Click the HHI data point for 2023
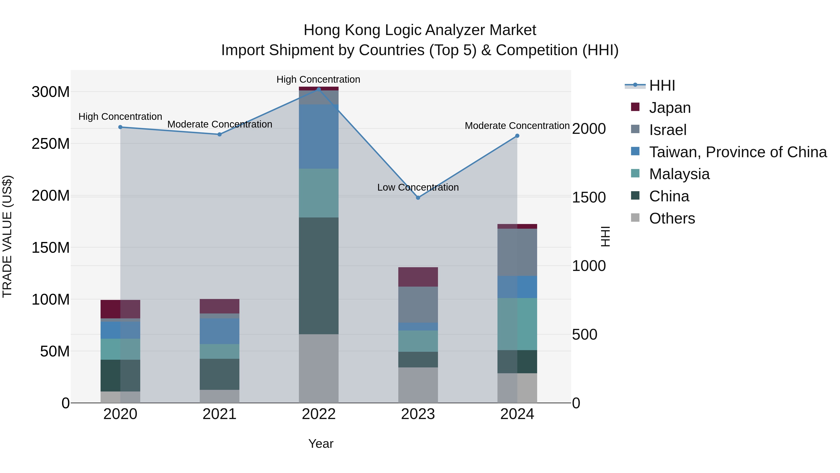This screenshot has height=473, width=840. point(418,197)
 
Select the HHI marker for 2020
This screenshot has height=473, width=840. point(120,127)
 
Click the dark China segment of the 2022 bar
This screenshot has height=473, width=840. point(318,276)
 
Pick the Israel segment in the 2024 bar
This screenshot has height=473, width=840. point(517,252)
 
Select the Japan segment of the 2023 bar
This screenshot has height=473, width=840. point(418,277)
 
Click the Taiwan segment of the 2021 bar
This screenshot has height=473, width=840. point(220,331)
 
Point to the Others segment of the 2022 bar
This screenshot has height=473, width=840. point(318,368)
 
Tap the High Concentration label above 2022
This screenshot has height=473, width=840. point(318,79)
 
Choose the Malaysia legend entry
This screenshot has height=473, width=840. point(679,174)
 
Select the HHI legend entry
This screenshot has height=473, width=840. point(662,85)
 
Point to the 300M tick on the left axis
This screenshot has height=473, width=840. point(51,92)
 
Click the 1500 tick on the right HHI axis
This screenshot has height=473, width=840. point(589,197)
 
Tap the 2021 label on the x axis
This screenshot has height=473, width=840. point(220,414)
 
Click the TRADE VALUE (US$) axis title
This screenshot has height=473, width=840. point(7,236)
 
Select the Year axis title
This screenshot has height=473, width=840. point(321,444)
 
